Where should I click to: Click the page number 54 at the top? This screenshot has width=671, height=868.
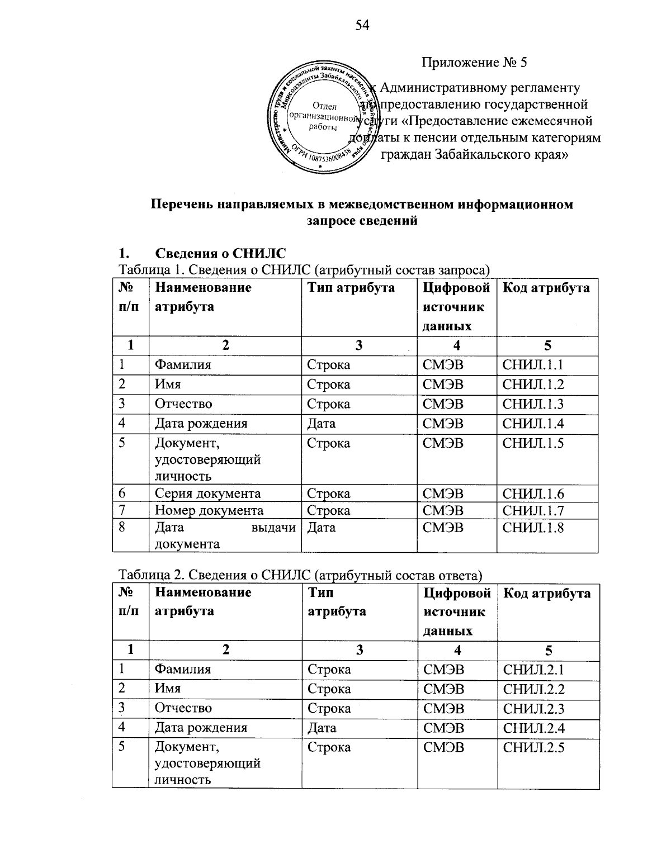tap(363, 25)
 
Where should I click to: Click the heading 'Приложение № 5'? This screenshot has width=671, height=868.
tap(474, 62)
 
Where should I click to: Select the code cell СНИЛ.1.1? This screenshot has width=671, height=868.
tap(533, 365)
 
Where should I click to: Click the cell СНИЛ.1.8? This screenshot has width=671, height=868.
tap(533, 527)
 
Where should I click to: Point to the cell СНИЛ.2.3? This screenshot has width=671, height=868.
tap(533, 709)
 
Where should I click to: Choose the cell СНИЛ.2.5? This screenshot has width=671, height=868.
tap(533, 748)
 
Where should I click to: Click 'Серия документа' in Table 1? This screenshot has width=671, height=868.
tap(207, 494)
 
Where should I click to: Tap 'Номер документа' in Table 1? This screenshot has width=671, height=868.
tap(209, 510)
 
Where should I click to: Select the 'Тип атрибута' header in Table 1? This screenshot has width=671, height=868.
tap(351, 288)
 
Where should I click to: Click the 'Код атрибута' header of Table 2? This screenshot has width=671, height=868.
tap(547, 593)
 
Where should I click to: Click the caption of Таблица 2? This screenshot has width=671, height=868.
tap(300, 575)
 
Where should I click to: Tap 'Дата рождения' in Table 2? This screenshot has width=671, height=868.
tap(201, 728)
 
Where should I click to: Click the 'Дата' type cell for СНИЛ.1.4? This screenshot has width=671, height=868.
tap(322, 424)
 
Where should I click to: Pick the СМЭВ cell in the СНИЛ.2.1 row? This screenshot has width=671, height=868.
tap(443, 670)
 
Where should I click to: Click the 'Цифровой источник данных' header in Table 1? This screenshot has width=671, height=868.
tap(456, 307)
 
